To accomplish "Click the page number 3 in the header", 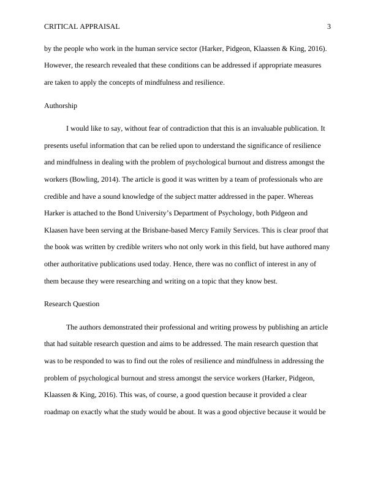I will coord(329,26).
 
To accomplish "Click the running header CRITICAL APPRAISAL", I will coord(82,26).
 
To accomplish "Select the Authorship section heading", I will coord(61,106).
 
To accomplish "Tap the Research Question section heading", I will coord(72,304).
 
